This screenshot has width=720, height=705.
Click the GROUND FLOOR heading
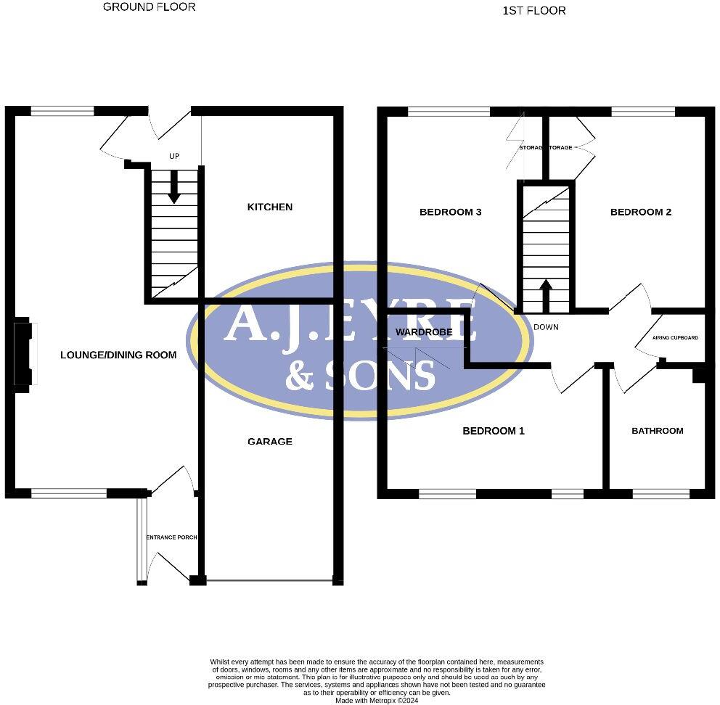tap(149, 7)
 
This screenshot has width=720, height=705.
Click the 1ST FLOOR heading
tap(533, 11)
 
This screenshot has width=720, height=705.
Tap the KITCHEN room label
tap(270, 207)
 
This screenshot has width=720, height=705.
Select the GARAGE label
tap(270, 442)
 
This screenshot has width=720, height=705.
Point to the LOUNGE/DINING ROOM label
tap(118, 355)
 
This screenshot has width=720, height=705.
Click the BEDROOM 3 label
tap(451, 213)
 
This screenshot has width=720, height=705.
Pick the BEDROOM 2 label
tap(641, 213)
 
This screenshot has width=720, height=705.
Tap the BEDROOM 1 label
tap(494, 431)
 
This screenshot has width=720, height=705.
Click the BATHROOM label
tap(658, 431)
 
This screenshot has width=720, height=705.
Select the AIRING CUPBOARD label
tap(676, 338)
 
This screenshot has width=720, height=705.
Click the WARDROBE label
tap(425, 332)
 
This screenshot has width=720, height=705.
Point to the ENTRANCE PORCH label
tap(172, 537)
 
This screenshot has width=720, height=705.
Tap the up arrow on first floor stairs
tap(545, 294)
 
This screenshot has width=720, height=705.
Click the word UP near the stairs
tap(174, 157)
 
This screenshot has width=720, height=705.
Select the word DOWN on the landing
tap(546, 327)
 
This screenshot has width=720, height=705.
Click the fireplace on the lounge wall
tap(23, 353)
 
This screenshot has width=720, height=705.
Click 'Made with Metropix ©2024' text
tap(377, 701)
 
